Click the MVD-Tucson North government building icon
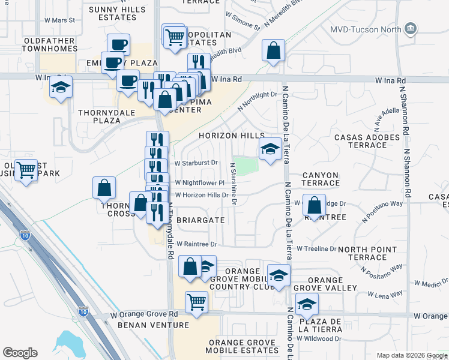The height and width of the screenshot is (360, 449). pyautogui.click(x=411, y=29)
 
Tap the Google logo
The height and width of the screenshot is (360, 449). pyautogui.click(x=20, y=353)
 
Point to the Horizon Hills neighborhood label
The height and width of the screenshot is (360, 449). pyautogui.click(x=228, y=136)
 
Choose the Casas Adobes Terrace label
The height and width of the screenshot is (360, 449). pyautogui.click(x=367, y=142)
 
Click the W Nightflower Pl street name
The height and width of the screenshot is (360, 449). pyautogui.click(x=199, y=183)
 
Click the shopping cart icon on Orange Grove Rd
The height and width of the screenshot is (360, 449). pyautogui.click(x=196, y=302)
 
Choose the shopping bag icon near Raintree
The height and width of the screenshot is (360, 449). pyautogui.click(x=314, y=205)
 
